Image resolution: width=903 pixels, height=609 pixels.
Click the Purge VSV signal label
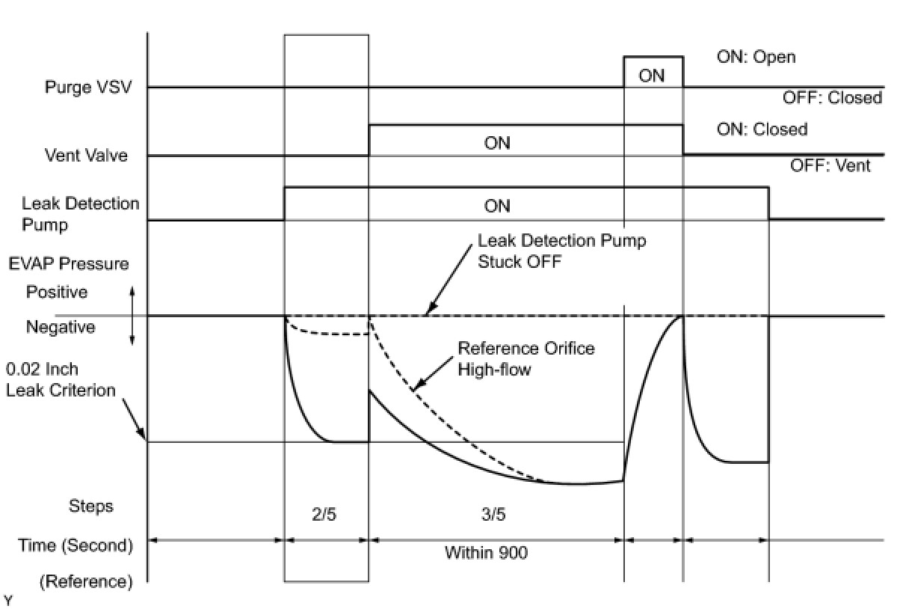87,87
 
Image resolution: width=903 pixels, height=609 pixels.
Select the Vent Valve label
86,156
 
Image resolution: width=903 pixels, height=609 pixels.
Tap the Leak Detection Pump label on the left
81,213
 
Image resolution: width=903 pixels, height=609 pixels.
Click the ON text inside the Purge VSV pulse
652,75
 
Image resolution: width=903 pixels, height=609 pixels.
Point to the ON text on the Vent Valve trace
497,142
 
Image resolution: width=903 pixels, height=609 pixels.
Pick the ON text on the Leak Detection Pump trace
497,206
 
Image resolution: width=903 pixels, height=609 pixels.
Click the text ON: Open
756,57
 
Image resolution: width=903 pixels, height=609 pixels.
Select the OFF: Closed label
832,98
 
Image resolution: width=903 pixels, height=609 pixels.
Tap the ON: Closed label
762,129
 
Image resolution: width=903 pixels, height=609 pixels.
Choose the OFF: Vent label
830,165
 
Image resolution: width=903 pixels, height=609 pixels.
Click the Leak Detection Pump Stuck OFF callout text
562,251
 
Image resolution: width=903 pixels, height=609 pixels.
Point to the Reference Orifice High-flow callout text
526,358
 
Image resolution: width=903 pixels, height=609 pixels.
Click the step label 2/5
324,515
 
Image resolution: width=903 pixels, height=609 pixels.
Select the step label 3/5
497,515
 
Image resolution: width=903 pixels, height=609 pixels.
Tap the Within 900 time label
486,554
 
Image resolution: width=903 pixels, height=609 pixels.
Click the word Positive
57,292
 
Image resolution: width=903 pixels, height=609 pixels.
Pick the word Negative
61,327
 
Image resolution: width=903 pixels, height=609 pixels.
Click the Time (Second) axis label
75,545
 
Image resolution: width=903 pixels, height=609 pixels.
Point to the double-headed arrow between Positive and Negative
133,316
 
